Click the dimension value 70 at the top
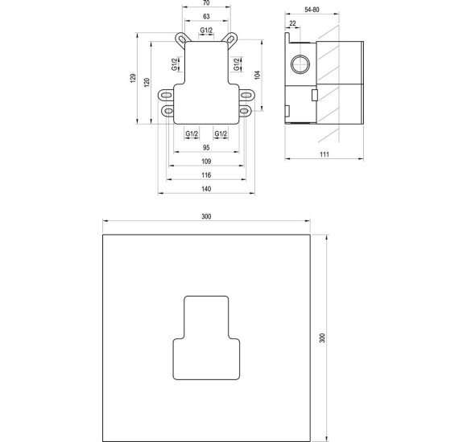coord(205,4)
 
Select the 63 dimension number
coord(205,16)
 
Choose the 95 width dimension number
coord(205,148)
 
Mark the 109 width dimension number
coord(205,162)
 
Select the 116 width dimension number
coord(205,174)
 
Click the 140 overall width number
coord(205,188)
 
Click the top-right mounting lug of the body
coord(232,39)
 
